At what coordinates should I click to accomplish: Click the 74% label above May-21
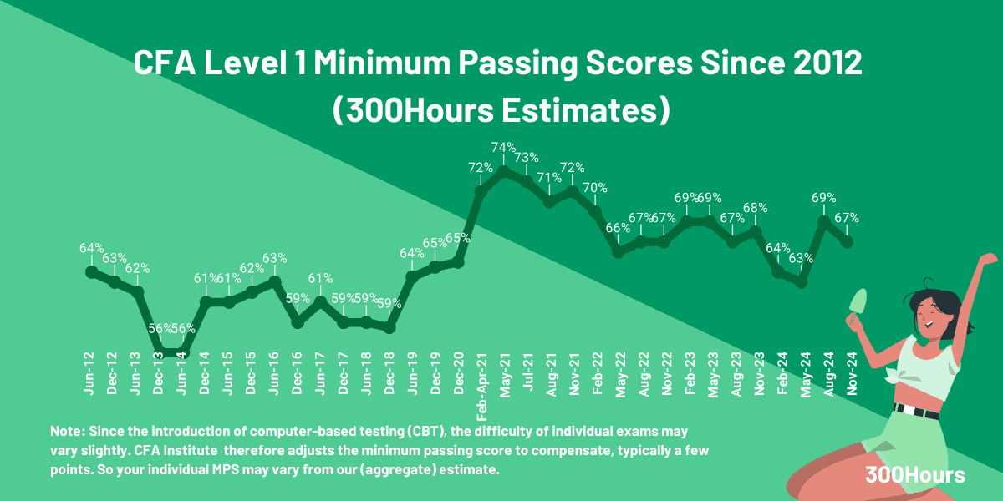pos(503,148)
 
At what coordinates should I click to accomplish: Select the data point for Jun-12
pos(91,271)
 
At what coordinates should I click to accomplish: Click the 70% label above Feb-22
pos(595,188)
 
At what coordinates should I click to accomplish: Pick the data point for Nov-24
pos(848,241)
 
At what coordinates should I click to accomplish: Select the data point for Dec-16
pos(298,321)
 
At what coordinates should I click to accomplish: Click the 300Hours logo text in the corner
pos(915,475)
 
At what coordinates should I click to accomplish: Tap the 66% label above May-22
pos(618,228)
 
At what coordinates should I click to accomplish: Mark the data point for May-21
pos(504,171)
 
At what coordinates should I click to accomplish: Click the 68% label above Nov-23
pos(755,208)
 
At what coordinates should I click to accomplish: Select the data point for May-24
pos(802,282)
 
